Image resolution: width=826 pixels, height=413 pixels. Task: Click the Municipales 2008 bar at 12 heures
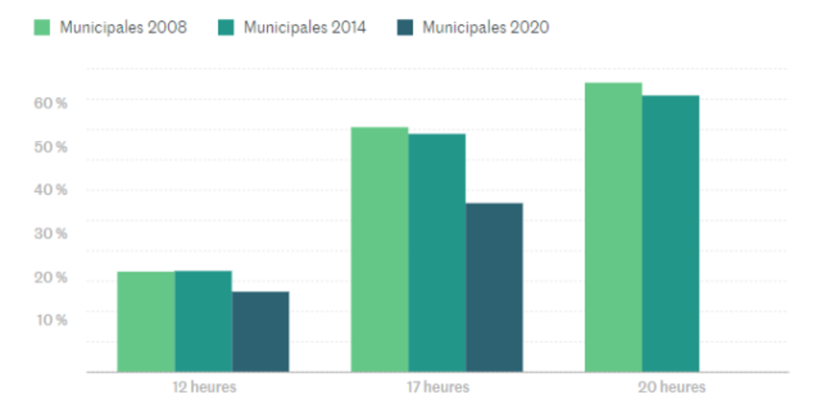[x=146, y=322]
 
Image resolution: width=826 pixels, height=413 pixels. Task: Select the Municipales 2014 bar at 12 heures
[x=203, y=321]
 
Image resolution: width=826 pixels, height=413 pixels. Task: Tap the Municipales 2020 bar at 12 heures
[x=261, y=331]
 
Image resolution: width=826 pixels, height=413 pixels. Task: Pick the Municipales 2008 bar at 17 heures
[x=379, y=249]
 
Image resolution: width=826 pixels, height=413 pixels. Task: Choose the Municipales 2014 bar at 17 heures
[x=437, y=253]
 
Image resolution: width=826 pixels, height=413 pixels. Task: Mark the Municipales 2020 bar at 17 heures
[x=494, y=287]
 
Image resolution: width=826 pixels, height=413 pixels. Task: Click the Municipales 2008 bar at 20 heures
[x=613, y=227]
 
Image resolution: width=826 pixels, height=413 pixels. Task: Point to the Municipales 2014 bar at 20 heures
[x=670, y=233]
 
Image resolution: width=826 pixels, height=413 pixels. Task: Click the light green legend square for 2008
[x=42, y=27]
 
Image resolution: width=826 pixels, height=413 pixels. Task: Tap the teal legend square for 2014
[x=226, y=27]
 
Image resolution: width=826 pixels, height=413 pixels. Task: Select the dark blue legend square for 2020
[x=405, y=27]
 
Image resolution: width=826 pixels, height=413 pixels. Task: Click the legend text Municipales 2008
[x=123, y=27]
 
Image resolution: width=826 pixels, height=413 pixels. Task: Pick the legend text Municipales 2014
[x=305, y=27]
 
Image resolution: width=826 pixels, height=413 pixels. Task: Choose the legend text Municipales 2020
[x=486, y=27]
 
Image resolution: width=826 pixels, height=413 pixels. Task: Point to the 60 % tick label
[x=51, y=103]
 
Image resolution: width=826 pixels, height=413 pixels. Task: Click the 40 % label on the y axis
[x=51, y=190]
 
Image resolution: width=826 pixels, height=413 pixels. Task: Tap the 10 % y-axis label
[x=51, y=320]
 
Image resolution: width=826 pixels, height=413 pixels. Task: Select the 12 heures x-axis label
[x=204, y=387]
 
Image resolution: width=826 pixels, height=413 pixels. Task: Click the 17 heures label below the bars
[x=438, y=387]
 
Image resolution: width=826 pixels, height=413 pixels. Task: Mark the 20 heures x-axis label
[x=671, y=387]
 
